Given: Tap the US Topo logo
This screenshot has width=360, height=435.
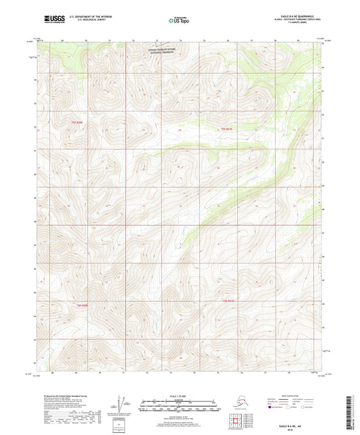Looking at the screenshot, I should coord(174,21).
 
